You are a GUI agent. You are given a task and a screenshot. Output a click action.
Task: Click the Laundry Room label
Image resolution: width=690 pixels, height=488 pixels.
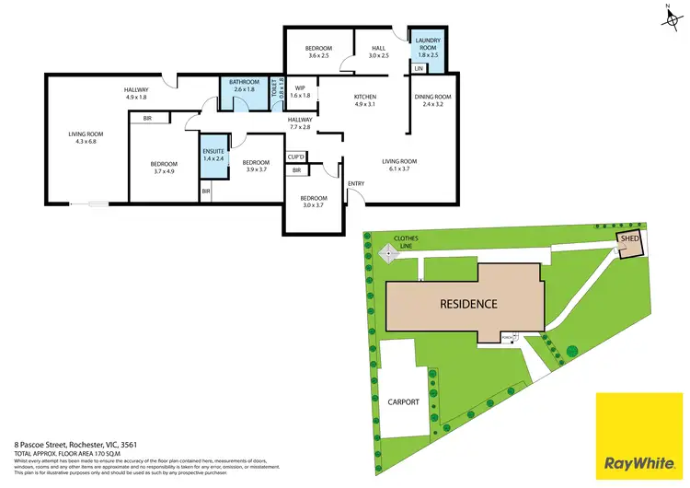coord(429,45)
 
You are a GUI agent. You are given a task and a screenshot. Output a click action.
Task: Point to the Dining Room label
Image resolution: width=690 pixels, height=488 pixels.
coord(432,100)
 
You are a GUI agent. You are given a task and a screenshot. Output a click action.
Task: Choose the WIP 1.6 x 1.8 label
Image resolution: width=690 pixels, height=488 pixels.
coord(301,91)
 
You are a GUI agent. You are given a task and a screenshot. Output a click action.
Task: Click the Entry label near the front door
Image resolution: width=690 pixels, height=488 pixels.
coord(356,183)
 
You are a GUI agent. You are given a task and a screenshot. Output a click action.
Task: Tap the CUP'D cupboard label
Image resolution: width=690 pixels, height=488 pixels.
coord(296,157)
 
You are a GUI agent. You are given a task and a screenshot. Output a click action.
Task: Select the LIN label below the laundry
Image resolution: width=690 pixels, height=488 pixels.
coord(419,69)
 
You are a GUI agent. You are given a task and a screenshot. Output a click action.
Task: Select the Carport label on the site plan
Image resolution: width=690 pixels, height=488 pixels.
coord(404,402)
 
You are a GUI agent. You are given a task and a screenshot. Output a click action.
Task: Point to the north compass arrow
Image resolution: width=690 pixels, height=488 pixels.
coord(666,16)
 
